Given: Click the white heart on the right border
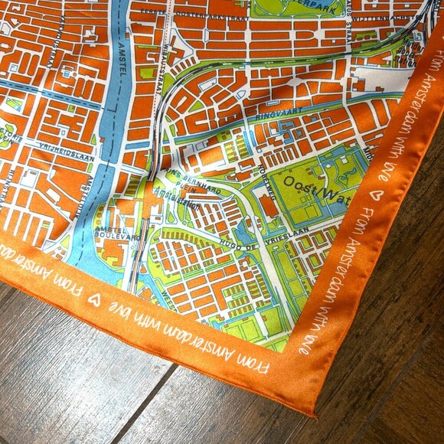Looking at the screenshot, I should [x=374, y=194].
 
